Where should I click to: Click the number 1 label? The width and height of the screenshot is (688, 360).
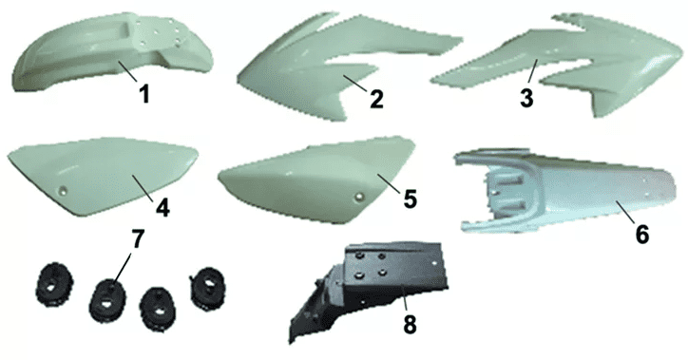pos(144,93)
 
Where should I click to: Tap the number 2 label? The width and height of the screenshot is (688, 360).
pos(376,99)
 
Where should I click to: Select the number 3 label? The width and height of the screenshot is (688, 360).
pos(526,98)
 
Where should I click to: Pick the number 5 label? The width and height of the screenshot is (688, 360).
pos(410,200)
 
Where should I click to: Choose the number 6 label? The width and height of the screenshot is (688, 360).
pos(642,235)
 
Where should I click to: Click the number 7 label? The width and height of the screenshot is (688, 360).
pos(138,239)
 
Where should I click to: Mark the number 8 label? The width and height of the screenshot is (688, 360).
pos(410,325)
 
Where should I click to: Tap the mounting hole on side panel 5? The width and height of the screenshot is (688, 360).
pos(360,197)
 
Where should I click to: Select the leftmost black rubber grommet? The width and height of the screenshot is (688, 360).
pos(54,284)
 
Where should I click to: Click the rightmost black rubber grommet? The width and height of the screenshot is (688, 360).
pos(207,288)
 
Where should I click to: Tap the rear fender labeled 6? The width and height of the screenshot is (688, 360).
pos(566,191)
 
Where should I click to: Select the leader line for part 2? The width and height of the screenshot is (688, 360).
pos(356,83)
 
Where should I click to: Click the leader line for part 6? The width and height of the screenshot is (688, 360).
pos(626,212)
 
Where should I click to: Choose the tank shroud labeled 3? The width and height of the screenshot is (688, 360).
pos(557,66)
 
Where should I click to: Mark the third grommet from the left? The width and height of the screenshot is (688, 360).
pos(158,307)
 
